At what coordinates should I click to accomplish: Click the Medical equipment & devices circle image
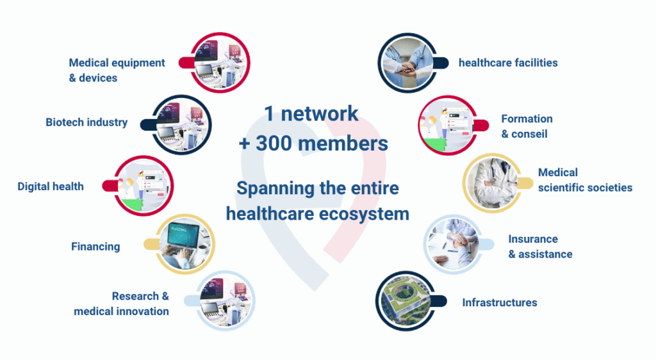pos(220,63)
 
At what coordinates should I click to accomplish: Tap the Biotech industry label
pos(86,122)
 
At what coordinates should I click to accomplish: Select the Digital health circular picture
pos(143,186)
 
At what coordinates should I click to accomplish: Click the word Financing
pos(95,247)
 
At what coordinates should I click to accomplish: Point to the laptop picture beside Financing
pos(185,244)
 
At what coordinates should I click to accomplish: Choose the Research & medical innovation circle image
pos(225,301)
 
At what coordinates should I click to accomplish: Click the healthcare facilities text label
pos(508,63)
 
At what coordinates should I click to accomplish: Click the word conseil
pos(529,135)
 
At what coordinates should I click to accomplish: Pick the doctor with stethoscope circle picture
pos(493,183)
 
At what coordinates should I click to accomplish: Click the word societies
pos(611,188)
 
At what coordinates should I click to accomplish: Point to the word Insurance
pos(533,239)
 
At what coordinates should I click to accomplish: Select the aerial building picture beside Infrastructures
pos(406,301)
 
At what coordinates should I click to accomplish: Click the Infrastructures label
pos(500,303)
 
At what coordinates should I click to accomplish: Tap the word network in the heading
pos(320,114)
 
